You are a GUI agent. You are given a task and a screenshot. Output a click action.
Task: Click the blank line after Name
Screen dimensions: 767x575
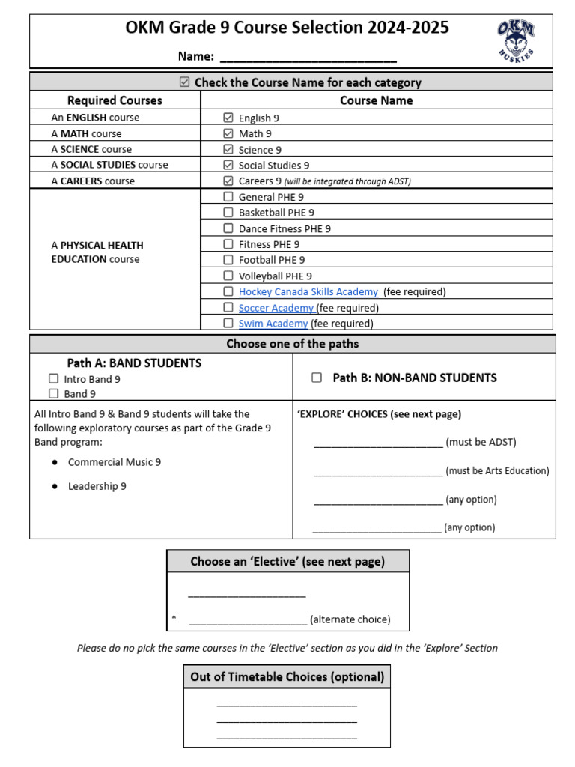[x=308, y=58]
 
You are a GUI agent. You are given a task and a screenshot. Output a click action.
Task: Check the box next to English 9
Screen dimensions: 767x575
[x=228, y=118]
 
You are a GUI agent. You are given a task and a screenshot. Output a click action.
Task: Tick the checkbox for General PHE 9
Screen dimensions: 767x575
[x=228, y=197]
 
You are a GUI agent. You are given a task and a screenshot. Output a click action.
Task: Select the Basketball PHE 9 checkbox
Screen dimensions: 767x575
[x=228, y=213]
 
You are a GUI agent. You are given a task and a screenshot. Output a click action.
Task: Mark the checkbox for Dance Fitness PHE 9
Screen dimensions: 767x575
[x=228, y=228]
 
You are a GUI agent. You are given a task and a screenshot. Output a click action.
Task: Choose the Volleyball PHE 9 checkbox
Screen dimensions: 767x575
[x=228, y=276]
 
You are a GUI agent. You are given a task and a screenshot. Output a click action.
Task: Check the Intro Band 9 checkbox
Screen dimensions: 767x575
[x=54, y=379]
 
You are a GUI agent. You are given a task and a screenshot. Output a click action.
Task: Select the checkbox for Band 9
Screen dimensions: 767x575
[x=54, y=393]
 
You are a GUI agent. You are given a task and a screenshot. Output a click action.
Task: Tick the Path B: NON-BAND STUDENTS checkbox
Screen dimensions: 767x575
[x=317, y=378]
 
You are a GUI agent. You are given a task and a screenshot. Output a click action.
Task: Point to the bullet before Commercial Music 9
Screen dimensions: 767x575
[x=55, y=463]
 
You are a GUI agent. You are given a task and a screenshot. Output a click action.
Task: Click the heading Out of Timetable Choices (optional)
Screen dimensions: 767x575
[x=287, y=677]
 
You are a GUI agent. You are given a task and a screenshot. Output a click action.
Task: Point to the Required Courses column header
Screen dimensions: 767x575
[x=115, y=100]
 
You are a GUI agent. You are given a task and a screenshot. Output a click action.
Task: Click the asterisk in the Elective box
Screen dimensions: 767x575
[x=174, y=619]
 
